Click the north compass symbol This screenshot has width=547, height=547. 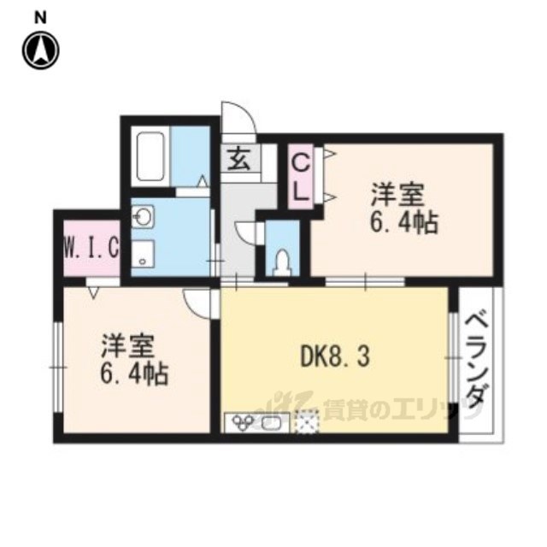coord(41,50)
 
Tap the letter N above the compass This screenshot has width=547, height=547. coord(40,17)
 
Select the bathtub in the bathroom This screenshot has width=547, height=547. coord(150,156)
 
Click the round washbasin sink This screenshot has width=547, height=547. coord(143,216)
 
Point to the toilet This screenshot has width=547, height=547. coord(283,262)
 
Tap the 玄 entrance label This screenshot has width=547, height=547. coord(241,159)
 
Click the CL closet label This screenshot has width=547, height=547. coord(301,178)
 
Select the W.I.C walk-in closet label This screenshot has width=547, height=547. coord(91,247)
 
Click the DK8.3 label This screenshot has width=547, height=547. coord(335,357)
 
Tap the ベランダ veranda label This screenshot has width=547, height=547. coord(476,361)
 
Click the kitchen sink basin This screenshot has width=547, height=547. coord(271,424)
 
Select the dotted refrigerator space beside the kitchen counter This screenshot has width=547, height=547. coord(307,422)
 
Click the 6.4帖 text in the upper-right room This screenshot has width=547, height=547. coord(403,222)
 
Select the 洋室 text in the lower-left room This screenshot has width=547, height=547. coord(127,345)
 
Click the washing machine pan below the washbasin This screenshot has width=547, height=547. coord(143,255)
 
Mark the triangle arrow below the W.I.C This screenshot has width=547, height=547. coord(93,292)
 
